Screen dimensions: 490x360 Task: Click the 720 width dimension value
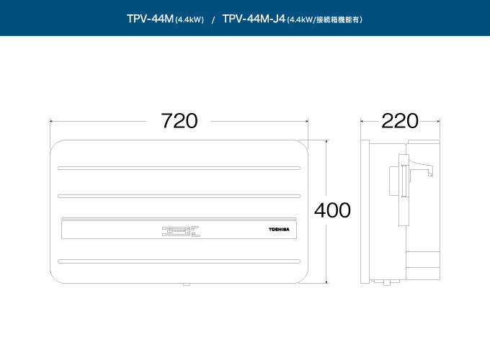(179, 121)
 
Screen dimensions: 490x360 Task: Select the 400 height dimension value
(332, 210)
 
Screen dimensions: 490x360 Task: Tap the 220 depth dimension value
(400, 121)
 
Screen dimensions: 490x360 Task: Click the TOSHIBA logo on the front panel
(279, 230)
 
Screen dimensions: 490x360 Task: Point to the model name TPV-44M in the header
(150, 19)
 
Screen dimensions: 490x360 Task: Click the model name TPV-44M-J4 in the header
(254, 19)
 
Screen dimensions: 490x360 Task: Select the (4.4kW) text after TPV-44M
(190, 20)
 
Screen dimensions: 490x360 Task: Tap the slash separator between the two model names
(213, 20)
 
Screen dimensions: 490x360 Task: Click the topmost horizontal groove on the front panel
(179, 168)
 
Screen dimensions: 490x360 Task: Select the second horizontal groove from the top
(179, 196)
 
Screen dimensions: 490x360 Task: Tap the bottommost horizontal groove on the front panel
(179, 261)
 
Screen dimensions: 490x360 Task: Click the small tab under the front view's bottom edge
(187, 284)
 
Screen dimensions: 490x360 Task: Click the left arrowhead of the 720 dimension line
(52, 122)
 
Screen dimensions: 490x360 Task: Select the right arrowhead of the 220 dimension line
(438, 122)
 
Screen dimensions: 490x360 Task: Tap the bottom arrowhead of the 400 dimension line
(326, 282)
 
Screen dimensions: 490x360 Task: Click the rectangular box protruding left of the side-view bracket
(393, 181)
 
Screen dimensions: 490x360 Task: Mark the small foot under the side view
(387, 282)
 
